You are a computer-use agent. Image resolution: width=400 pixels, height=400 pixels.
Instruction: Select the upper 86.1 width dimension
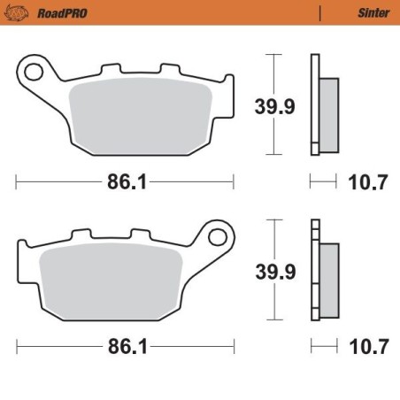[x=126, y=184]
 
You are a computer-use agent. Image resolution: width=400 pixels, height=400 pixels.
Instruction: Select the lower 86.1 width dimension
[x=126, y=346]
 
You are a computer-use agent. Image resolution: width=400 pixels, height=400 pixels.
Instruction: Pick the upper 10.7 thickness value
[x=370, y=184]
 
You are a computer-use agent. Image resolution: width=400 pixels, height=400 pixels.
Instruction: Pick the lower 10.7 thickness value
[x=370, y=346]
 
